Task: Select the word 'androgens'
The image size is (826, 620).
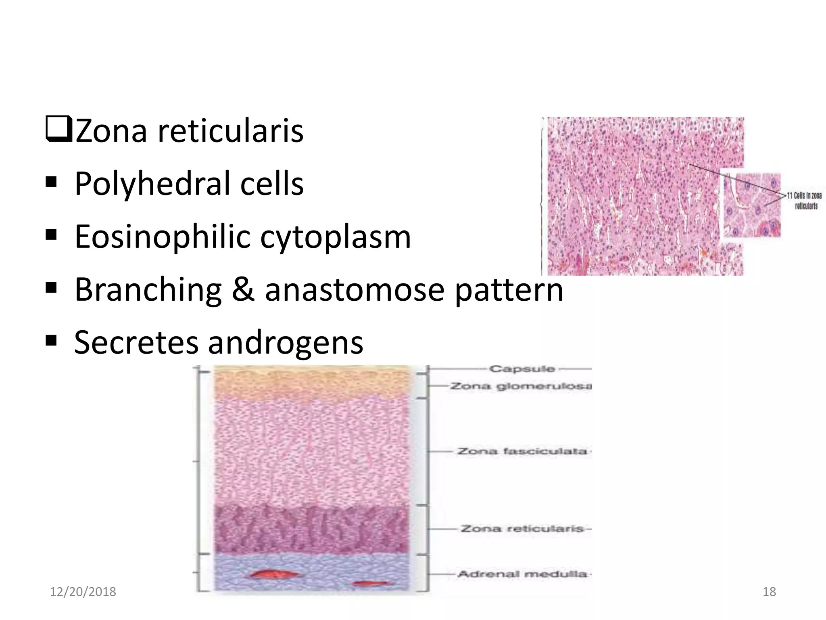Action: click(285, 342)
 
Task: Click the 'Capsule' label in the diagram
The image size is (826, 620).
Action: click(522, 369)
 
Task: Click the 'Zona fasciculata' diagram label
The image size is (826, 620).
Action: click(522, 451)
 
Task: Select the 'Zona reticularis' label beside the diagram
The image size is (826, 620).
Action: click(522, 528)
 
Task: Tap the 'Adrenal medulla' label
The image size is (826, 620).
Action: click(522, 574)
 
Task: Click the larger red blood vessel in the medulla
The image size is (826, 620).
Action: click(268, 574)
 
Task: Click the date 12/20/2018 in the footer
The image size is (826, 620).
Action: click(83, 592)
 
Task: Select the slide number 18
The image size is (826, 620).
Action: click(769, 592)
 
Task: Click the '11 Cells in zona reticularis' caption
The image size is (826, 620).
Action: click(804, 201)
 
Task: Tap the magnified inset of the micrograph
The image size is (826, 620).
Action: click(751, 205)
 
